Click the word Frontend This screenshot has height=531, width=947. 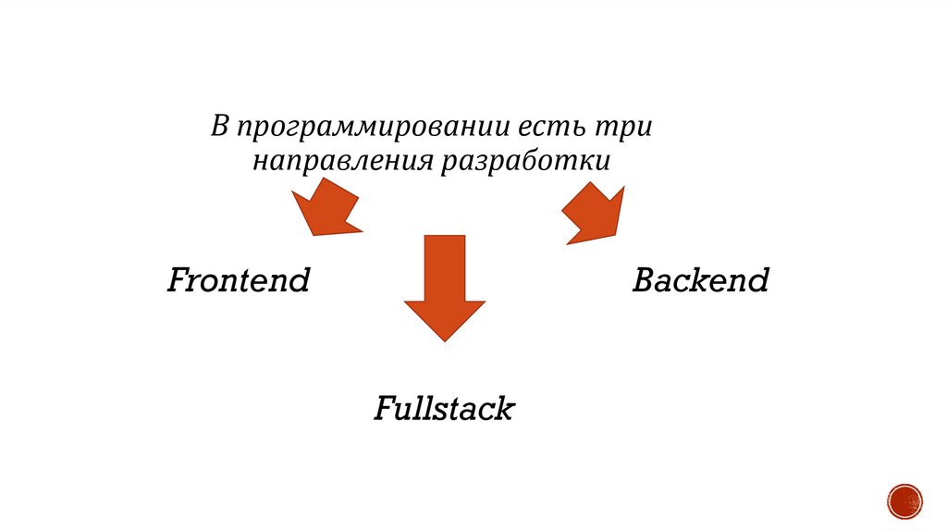(238, 279)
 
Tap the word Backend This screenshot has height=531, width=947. (700, 279)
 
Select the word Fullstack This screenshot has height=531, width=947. (443, 408)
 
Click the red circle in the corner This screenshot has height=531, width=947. (904, 500)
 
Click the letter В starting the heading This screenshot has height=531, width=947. (219, 125)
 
